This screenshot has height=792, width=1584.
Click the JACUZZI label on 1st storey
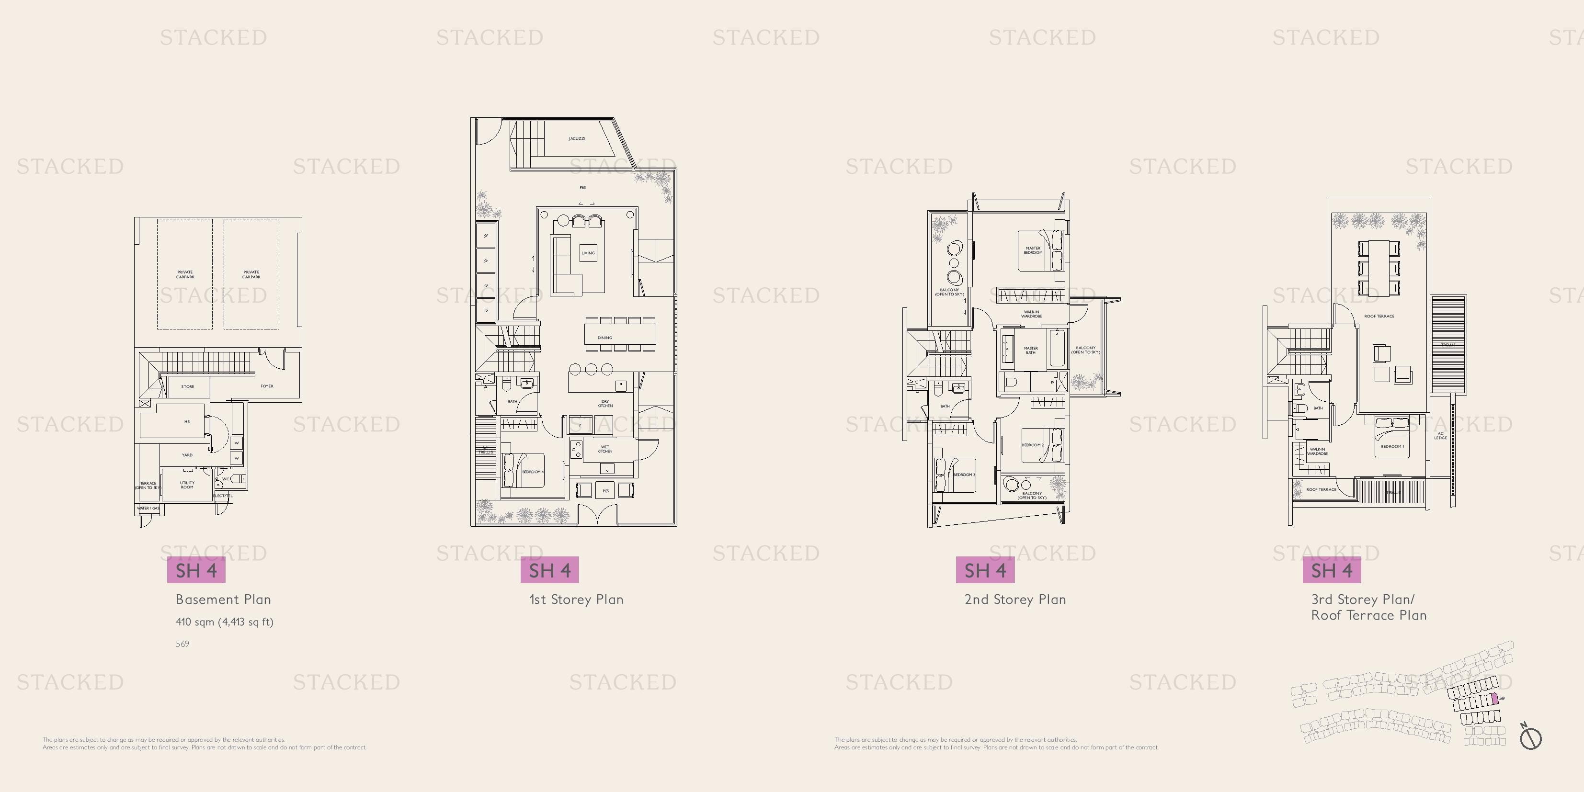(x=576, y=138)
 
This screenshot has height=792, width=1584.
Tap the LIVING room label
(x=588, y=253)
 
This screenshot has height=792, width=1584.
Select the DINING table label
(x=604, y=338)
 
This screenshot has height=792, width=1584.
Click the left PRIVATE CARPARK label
(x=185, y=274)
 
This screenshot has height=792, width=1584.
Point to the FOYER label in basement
(x=266, y=386)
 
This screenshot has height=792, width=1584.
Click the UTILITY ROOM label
(x=187, y=485)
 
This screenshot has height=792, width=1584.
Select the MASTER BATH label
(x=1031, y=350)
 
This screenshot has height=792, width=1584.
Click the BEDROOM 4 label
(x=533, y=472)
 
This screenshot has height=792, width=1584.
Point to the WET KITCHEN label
(x=604, y=449)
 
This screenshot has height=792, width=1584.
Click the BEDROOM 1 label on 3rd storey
(x=1392, y=446)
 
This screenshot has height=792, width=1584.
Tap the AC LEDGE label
(x=1441, y=435)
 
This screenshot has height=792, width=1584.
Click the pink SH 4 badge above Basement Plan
(x=196, y=570)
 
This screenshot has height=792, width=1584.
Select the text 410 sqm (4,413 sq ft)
(x=225, y=622)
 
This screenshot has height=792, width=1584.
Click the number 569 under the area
(x=182, y=644)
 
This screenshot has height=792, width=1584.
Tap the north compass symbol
(x=1530, y=736)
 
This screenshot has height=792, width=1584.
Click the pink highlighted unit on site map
(x=1495, y=699)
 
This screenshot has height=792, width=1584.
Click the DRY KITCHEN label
(x=604, y=403)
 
